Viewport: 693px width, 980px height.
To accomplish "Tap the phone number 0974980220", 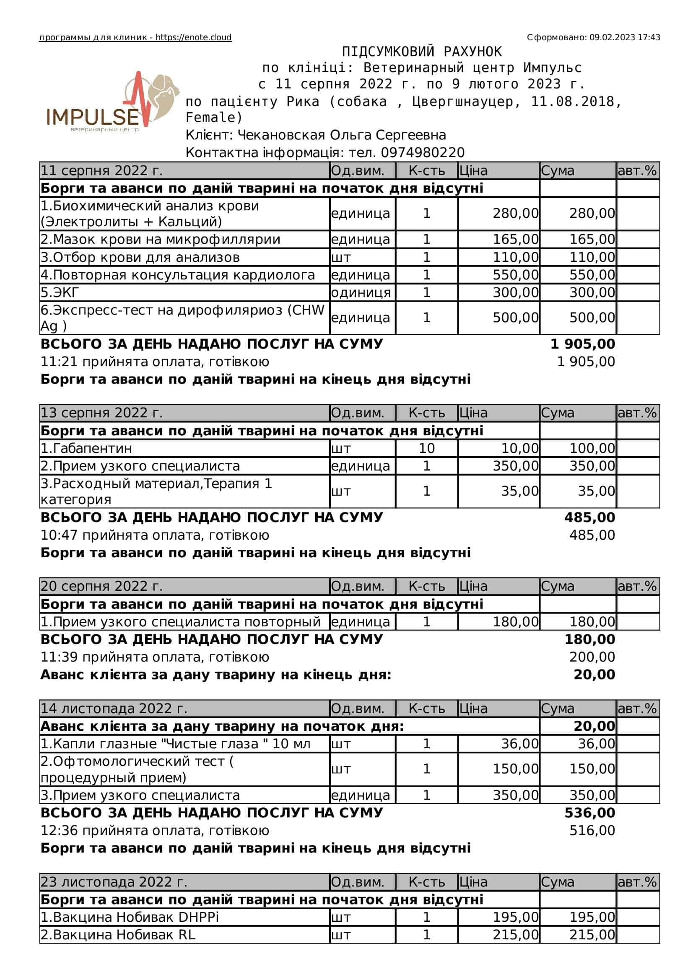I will pos(422,153).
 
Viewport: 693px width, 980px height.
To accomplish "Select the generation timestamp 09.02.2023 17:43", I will pos(625,38).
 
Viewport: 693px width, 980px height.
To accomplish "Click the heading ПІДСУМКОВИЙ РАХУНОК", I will pos(421,52).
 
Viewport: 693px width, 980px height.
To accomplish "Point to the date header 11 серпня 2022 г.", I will pos(101,171).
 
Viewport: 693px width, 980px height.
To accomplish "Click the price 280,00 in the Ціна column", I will pos(515,213).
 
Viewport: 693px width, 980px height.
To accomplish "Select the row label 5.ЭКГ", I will pos(60,292).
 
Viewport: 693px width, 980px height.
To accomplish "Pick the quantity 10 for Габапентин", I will pos(426,448).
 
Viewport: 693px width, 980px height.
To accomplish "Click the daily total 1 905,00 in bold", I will pos(582,344).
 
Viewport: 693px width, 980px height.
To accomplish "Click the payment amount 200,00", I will pos(592,657).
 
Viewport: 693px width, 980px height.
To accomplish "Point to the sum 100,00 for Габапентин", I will pos(592,448).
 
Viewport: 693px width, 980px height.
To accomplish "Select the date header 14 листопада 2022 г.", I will pos(114,708).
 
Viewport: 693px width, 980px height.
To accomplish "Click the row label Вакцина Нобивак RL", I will pos(118,935).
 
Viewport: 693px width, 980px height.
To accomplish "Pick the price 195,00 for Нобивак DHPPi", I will pos(515,917).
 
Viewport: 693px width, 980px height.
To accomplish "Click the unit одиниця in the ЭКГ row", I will pos(361,292).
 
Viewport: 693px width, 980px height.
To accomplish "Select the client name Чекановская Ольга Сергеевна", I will pos(342,135).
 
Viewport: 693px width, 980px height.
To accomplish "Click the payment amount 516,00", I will pos(592,830).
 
